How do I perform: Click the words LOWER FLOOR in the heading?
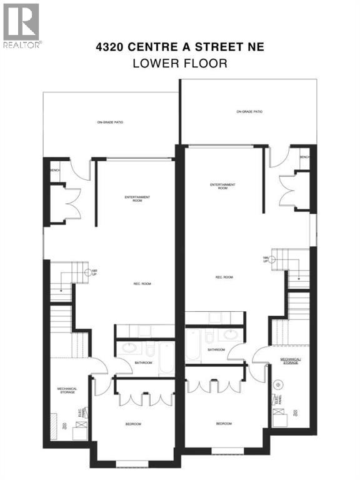180,63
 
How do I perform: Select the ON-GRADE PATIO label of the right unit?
249,112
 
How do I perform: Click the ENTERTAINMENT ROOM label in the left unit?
137,199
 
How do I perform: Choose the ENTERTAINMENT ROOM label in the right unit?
222,186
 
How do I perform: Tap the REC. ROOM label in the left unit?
141,284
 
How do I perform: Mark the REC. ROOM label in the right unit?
224,277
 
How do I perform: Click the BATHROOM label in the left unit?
144,362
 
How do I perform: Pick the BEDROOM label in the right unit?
224,424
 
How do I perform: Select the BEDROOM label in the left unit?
133,424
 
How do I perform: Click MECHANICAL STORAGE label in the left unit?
67,391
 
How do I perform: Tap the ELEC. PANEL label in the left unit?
79,413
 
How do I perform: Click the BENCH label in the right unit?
304,157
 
